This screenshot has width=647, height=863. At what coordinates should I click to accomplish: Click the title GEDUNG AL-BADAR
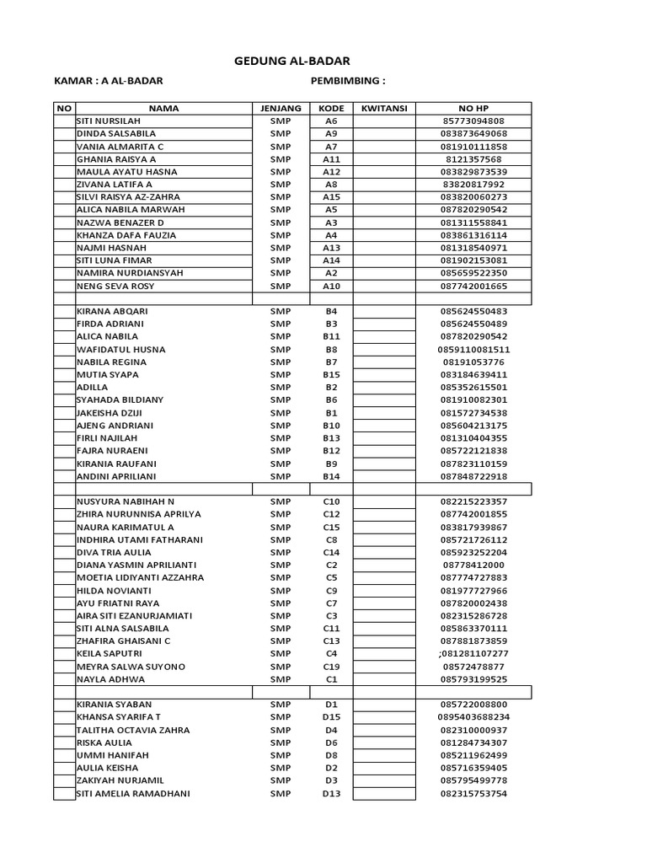(291, 61)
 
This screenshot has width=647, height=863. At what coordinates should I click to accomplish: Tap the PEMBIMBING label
(348, 81)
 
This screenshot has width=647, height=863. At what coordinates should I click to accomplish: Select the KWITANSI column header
(384, 108)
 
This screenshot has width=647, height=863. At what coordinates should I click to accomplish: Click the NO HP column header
(473, 108)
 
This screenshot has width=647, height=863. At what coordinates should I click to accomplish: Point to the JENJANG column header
(281, 108)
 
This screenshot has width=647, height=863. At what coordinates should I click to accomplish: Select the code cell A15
(331, 196)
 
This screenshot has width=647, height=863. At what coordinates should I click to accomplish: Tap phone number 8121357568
(473, 158)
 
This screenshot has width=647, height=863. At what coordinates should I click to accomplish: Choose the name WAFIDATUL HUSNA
(120, 349)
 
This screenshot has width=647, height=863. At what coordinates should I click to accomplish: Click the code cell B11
(331, 336)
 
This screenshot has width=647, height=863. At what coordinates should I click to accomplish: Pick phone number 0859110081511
(473, 349)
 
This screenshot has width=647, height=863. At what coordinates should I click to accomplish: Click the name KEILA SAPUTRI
(109, 653)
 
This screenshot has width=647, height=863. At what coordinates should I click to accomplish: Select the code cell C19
(331, 666)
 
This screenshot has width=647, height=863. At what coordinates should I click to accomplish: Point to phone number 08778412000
(473, 565)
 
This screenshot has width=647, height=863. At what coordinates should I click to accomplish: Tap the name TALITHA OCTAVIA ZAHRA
(132, 730)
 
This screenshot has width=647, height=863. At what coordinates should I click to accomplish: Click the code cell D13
(331, 793)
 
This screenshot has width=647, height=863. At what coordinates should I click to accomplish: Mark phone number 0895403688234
(473, 717)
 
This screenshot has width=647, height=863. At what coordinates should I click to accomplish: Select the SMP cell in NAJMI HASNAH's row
(281, 248)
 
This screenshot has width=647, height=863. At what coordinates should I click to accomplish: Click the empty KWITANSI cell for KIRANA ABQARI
(384, 311)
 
